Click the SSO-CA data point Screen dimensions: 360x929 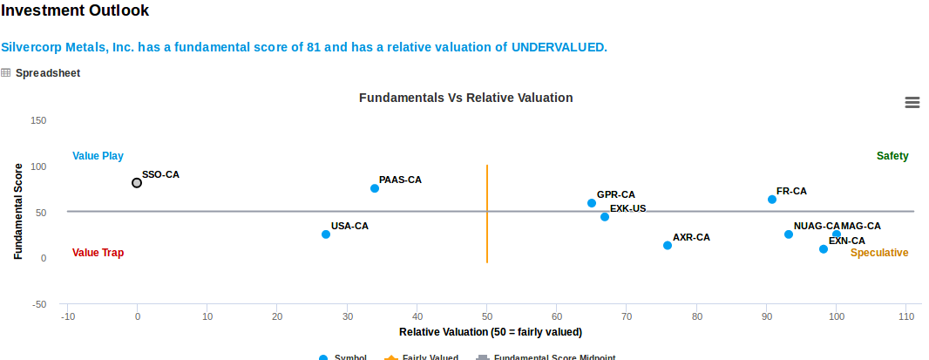point(137,183)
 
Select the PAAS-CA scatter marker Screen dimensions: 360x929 point(375,188)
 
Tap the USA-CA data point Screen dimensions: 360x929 point(326,234)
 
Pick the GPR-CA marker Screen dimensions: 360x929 point(592,203)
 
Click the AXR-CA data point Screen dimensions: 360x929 point(668,246)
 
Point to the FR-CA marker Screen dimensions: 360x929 point(772,200)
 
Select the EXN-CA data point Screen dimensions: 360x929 point(824,249)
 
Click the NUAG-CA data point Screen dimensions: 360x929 point(789,234)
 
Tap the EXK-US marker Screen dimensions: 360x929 point(605,217)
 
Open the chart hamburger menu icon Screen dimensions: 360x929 point(912,103)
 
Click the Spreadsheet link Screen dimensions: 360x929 point(47,73)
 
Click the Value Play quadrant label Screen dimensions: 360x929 point(98,156)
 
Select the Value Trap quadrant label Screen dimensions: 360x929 point(98,253)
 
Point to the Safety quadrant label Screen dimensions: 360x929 point(892,156)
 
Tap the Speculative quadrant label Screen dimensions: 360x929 point(879,253)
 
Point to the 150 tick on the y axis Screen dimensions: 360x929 point(38,120)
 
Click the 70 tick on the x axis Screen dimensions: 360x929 point(627,316)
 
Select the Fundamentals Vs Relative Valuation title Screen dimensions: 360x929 point(465,98)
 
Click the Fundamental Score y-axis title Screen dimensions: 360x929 point(17,212)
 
